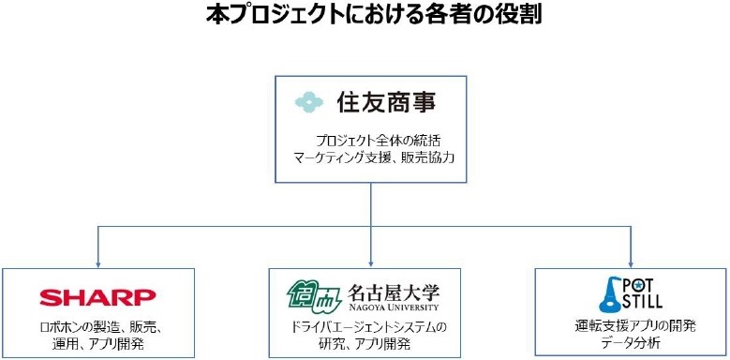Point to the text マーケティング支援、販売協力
pos(372,157)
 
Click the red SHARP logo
pos(97,297)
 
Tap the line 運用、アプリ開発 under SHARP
pos(97,343)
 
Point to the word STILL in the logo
pos(643,302)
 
